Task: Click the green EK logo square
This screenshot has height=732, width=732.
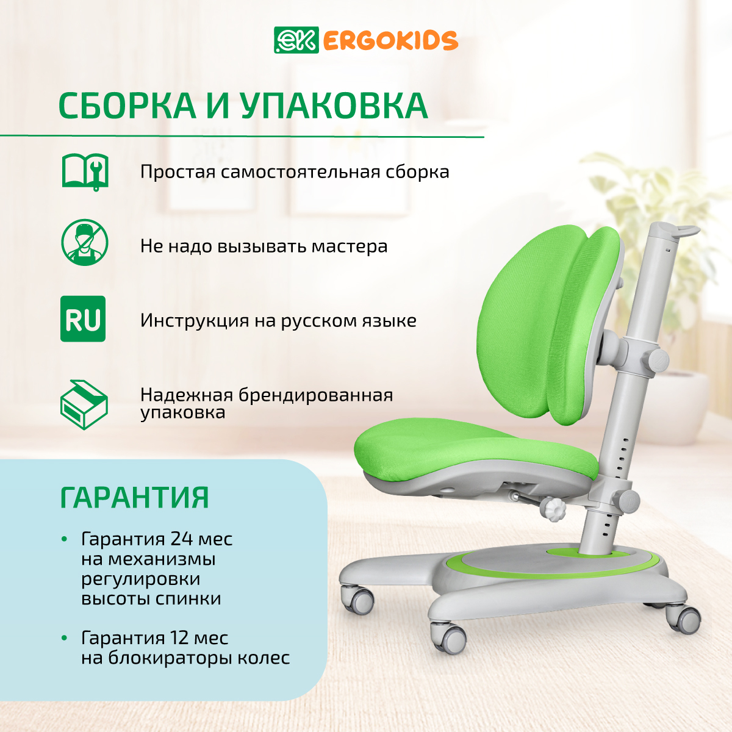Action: pos(296,40)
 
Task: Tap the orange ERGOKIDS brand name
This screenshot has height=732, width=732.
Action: pos(391,41)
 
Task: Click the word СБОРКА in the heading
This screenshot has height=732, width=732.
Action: pos(127,106)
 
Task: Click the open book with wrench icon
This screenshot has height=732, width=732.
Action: pos(85,171)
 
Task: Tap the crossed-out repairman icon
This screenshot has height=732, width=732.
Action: pos(85,242)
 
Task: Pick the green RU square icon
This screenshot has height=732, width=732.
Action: pos(83,318)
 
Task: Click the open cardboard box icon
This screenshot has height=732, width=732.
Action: pos(84,404)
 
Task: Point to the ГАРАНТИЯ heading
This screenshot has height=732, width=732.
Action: pos(134,497)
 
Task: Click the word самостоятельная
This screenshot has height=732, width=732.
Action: pos(301,171)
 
